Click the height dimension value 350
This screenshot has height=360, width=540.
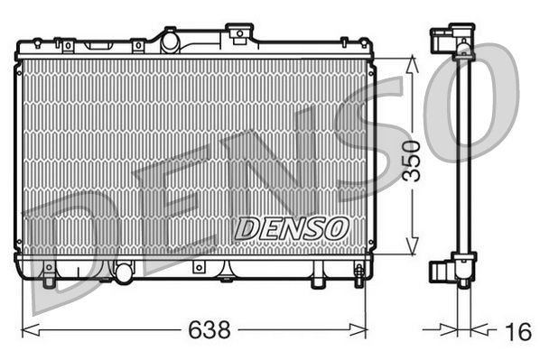point(411,160)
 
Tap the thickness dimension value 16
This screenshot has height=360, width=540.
point(517,333)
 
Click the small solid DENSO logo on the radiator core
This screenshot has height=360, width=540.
point(291,228)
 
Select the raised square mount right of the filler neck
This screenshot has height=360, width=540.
point(239,33)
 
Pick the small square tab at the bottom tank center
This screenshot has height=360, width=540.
point(198,267)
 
